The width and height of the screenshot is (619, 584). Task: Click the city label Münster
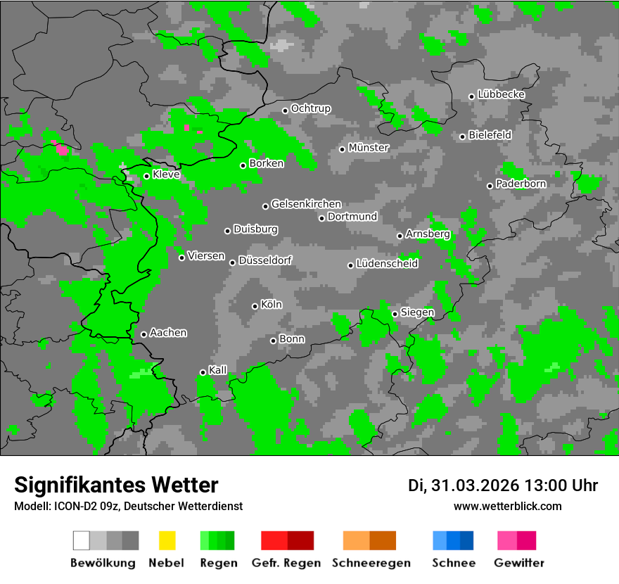tap(369, 148)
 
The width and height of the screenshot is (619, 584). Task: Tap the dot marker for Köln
tap(255, 306)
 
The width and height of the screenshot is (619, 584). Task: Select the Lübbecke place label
tap(502, 94)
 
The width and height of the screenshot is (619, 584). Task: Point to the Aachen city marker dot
tap(143, 334)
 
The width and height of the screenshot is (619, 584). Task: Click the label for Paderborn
tap(521, 184)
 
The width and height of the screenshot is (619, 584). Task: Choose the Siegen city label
tap(418, 312)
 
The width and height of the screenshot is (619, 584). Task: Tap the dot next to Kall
tap(203, 372)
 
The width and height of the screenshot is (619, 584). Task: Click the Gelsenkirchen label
tap(306, 204)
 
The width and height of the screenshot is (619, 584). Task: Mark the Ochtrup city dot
tap(285, 110)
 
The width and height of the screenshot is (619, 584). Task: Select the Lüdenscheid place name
tap(387, 264)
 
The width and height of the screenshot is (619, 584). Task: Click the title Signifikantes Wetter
tap(116, 485)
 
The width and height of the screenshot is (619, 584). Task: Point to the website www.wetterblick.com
tap(508, 506)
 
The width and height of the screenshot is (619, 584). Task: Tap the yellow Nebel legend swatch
tap(167, 540)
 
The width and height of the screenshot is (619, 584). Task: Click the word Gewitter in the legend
tap(519, 563)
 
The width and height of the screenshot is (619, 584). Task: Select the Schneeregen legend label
tap(371, 563)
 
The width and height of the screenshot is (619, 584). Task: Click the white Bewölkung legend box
tap(82, 540)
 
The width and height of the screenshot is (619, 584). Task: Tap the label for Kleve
tap(167, 174)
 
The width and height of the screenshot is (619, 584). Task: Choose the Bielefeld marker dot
tap(462, 137)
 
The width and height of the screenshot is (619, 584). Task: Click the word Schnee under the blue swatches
tap(454, 563)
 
